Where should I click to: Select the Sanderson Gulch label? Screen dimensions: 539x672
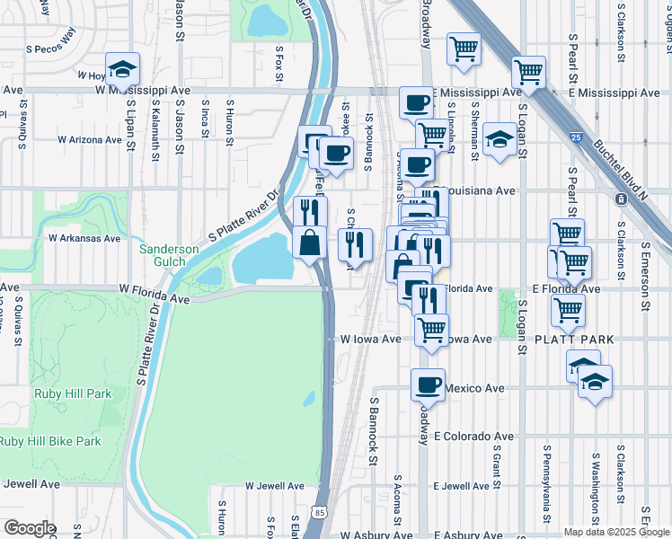pos(162,254)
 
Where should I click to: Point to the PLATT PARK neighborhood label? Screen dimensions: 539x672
pos(574,340)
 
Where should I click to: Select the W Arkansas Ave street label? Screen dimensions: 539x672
pos(84,239)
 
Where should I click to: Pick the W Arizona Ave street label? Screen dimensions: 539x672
pos(89,140)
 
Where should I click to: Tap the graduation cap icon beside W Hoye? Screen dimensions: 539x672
pos(122,67)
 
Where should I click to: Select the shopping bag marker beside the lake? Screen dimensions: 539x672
pos(310,243)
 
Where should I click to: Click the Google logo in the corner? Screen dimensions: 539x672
pos(29,528)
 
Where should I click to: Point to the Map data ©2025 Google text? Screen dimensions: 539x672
pos(615,532)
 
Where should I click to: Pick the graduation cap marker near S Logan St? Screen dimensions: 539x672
pos(499,139)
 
